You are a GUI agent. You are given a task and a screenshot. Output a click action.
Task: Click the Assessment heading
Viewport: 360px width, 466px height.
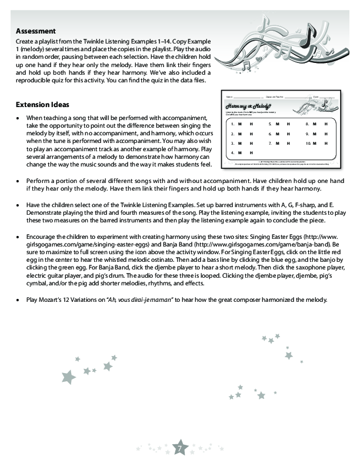[x=35, y=31]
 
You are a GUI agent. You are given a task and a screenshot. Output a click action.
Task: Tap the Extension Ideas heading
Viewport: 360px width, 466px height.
[x=42, y=105]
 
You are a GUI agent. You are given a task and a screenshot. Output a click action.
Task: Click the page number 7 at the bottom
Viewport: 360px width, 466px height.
[x=179, y=450]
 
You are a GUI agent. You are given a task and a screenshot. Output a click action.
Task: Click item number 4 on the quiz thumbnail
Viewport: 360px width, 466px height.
[x=233, y=152]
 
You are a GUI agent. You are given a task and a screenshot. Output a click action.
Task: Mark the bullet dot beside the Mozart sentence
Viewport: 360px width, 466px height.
[x=19, y=300]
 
